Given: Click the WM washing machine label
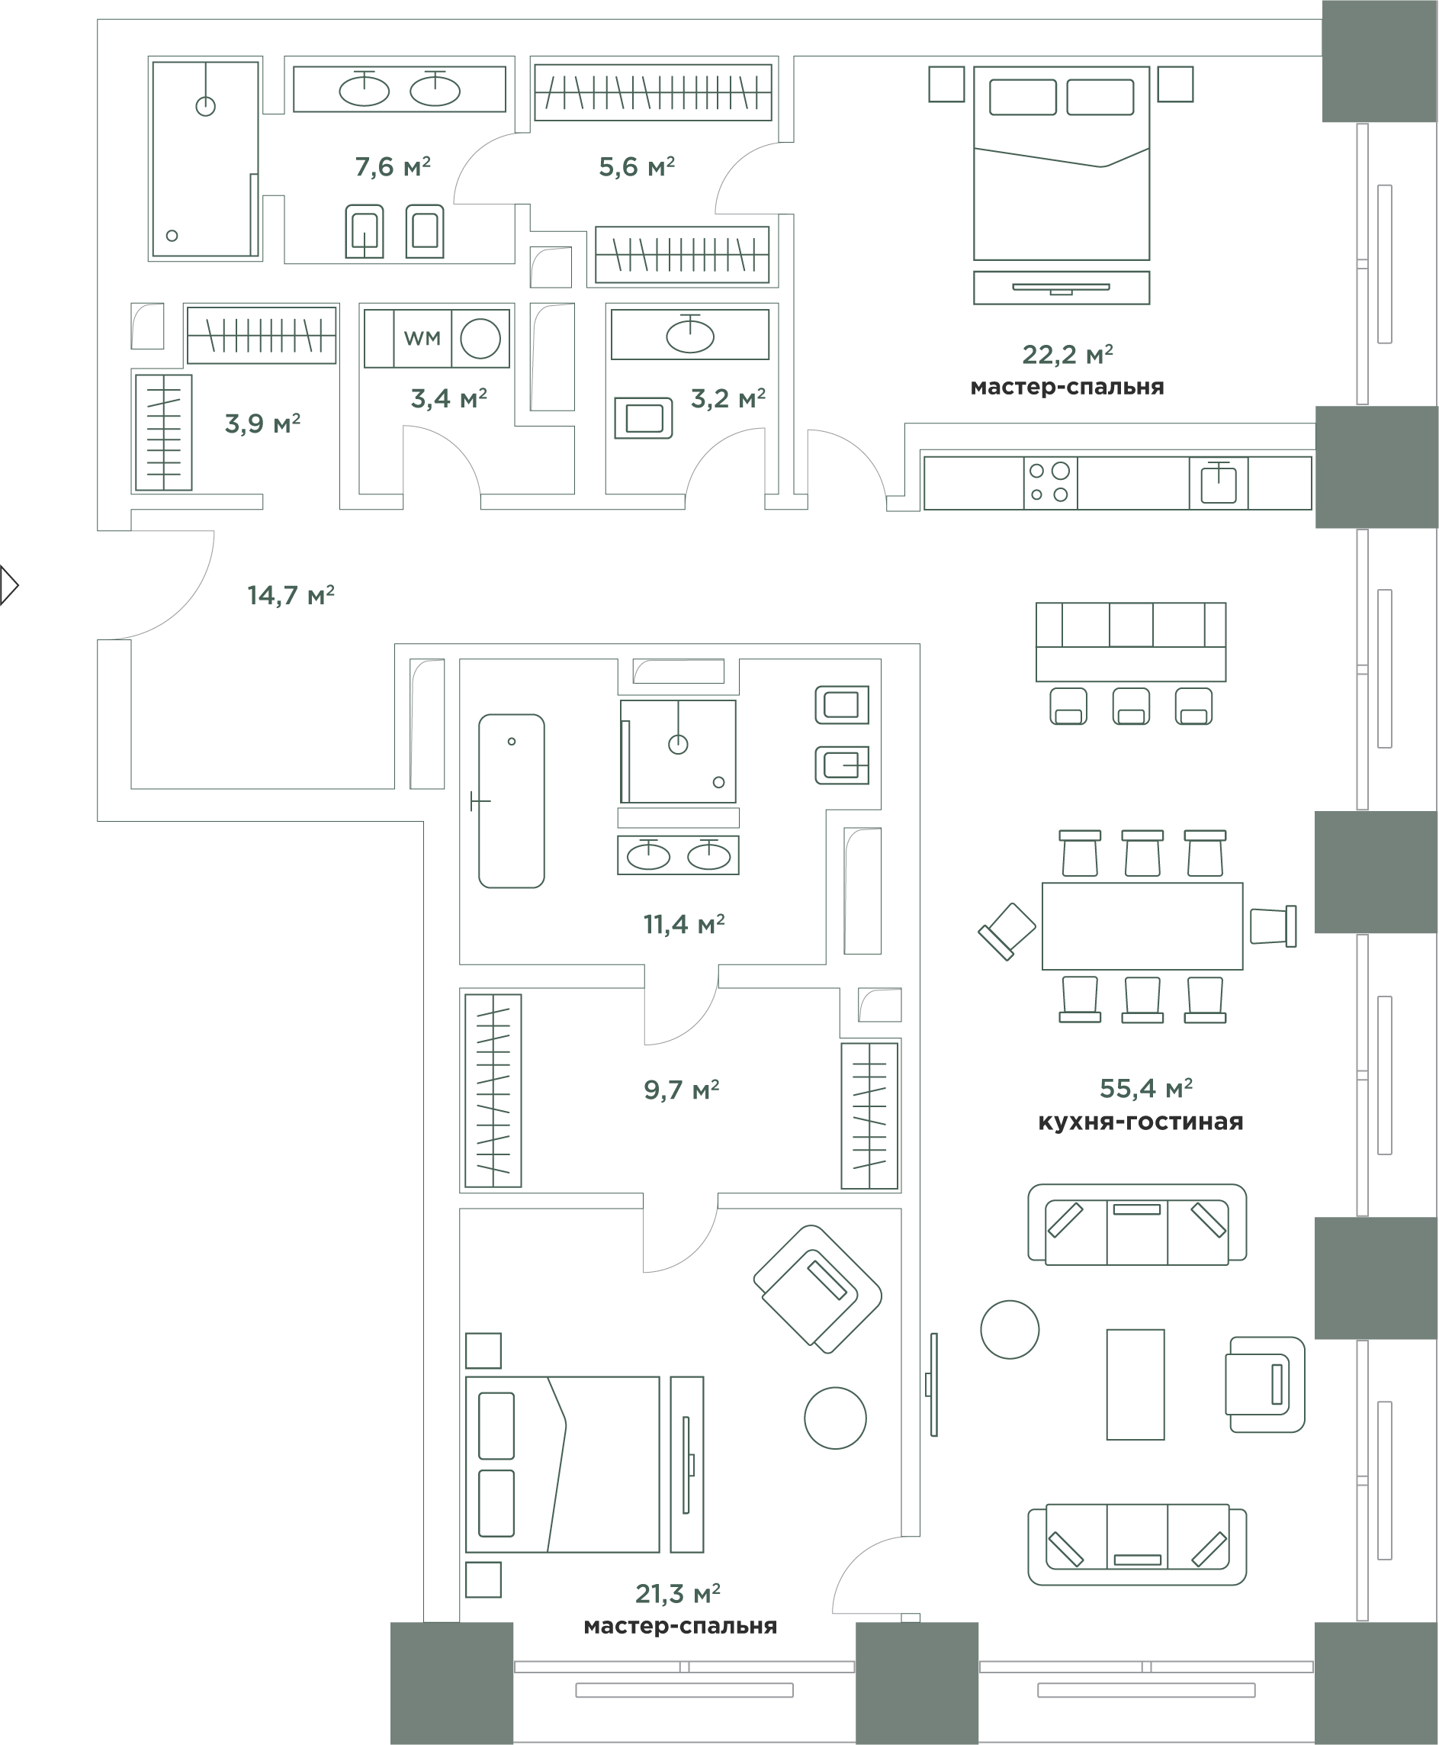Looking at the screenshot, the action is (x=422, y=337).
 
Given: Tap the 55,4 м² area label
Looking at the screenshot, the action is (x=1145, y=1087).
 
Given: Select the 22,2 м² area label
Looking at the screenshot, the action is (x=1067, y=354).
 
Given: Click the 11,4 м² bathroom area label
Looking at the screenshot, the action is (x=684, y=923).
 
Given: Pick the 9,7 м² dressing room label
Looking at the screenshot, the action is (x=681, y=1089).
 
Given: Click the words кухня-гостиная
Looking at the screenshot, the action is (x=1141, y=1122).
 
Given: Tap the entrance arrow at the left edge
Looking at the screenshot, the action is (x=9, y=585).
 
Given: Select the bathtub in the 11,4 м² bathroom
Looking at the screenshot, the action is (x=512, y=801).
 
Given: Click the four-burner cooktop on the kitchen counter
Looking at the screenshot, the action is (x=1050, y=483).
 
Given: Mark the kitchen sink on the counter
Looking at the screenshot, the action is (x=1219, y=483).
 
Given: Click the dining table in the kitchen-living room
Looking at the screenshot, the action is (x=1142, y=926).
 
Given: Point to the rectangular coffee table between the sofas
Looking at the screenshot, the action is (x=1135, y=1384).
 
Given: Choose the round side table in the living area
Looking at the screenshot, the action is (x=1010, y=1328).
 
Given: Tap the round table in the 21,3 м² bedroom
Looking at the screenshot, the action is (x=836, y=1418).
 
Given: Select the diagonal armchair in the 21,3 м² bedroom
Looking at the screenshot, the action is (x=817, y=1289).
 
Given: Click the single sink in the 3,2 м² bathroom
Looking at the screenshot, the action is (x=690, y=335).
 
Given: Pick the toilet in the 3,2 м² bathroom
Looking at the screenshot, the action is (x=643, y=418).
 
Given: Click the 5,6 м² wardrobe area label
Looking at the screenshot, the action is (x=637, y=166).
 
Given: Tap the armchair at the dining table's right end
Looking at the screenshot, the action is (x=1274, y=926).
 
